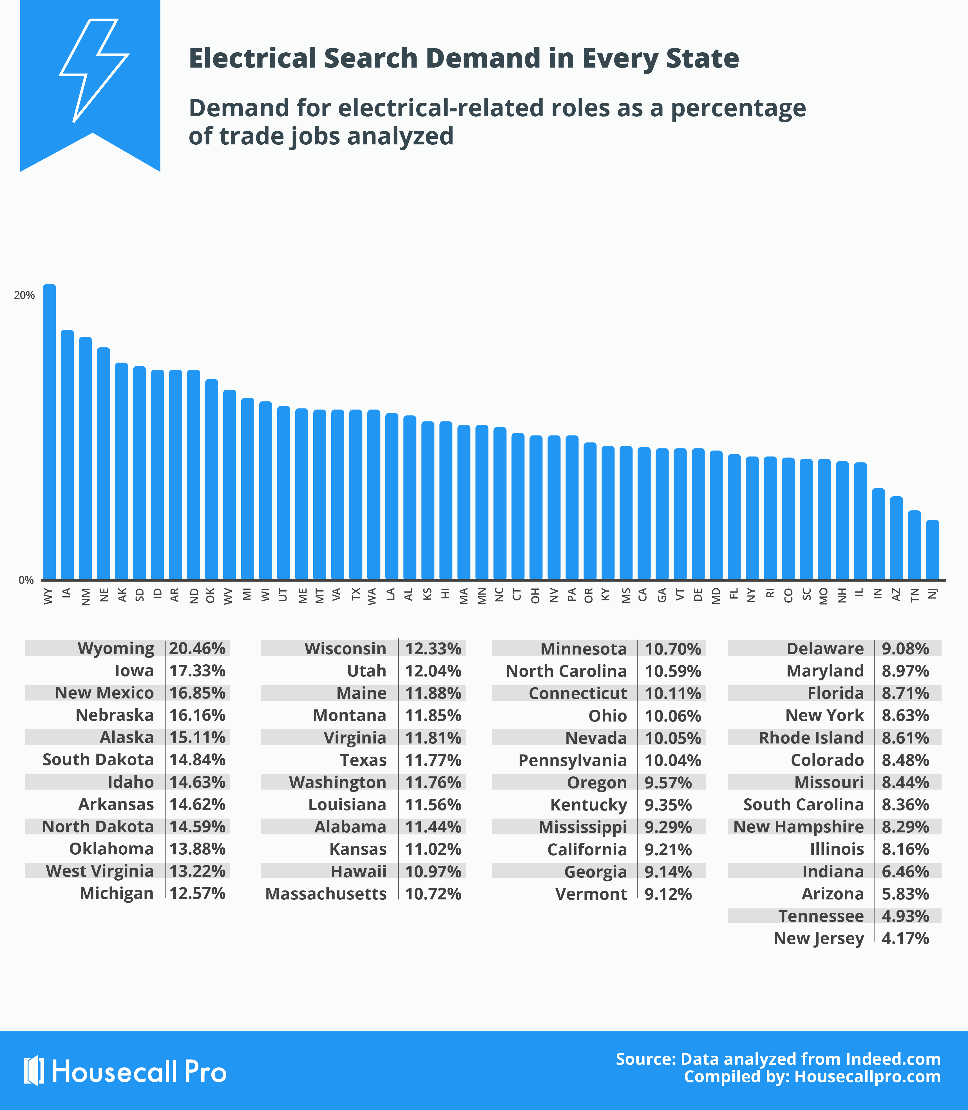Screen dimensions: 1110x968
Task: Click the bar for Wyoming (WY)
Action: coord(49,432)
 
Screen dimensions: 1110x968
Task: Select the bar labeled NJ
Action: coord(932,550)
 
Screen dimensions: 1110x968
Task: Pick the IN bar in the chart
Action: coord(878,534)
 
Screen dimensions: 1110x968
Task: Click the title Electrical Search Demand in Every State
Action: coord(464,58)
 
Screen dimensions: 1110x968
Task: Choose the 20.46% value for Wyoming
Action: coord(197,648)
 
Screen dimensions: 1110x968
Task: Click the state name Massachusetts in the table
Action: coord(326,894)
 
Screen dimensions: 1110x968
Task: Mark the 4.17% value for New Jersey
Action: coord(905,938)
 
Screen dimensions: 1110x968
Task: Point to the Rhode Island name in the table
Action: coord(811,738)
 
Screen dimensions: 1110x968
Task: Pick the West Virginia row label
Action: coord(100,871)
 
